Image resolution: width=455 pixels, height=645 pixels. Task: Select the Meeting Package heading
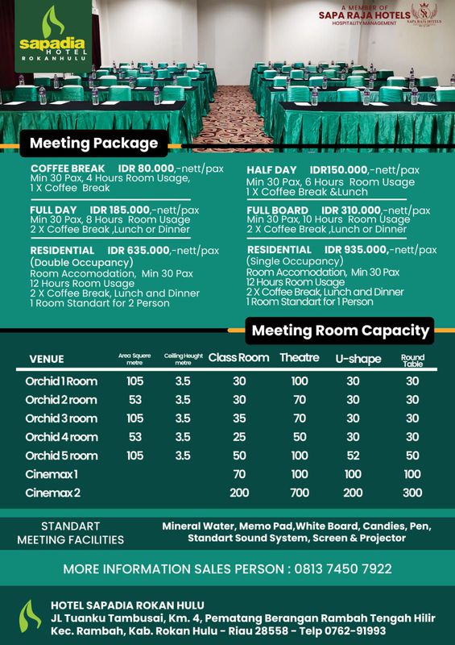coord(93,144)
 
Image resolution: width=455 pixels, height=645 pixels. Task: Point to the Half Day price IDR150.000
coord(339,170)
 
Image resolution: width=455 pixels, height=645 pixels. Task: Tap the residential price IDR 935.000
coord(359,250)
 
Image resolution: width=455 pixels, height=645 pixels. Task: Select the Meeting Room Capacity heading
coord(341,330)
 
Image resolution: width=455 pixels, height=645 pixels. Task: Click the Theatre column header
coord(300,358)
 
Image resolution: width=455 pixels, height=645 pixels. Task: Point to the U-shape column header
coord(358,359)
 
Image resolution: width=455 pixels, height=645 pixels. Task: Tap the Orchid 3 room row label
coord(61,418)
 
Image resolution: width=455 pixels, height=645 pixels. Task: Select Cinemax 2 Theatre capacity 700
coord(300,493)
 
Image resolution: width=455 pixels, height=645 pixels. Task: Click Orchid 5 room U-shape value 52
coord(353,456)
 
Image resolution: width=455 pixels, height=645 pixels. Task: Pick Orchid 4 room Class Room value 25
coord(239,437)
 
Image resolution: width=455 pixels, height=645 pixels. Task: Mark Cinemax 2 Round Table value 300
coord(412,493)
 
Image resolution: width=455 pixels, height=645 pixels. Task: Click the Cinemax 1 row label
coord(52,474)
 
